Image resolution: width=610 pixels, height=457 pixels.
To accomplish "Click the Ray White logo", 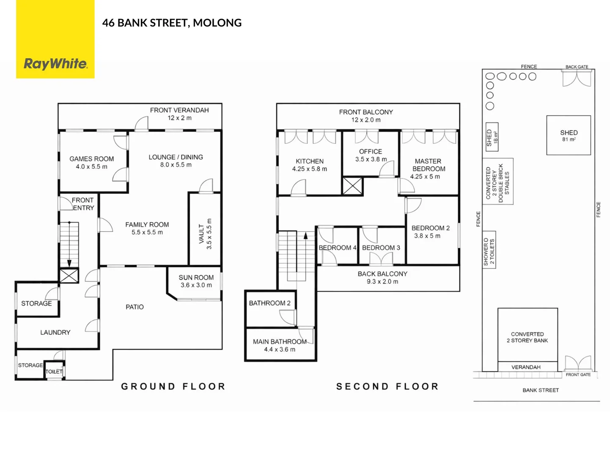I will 55,63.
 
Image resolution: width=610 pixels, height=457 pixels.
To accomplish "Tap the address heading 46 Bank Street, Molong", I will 172,23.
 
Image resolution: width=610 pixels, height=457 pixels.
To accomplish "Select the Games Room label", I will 92,159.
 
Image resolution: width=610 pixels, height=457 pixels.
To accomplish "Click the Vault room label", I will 202,234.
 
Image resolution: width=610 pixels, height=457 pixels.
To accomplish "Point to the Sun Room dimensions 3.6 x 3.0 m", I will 196,285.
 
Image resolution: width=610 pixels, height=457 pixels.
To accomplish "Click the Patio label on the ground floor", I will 135,307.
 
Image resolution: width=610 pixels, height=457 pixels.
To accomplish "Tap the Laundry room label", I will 55,333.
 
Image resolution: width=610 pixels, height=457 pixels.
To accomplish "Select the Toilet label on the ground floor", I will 54,372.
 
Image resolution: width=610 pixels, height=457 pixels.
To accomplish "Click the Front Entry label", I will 83,204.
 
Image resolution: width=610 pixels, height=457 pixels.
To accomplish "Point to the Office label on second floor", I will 371,151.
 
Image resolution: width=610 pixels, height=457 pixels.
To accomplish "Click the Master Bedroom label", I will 429,165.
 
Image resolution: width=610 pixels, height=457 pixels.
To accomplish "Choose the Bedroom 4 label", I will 338,248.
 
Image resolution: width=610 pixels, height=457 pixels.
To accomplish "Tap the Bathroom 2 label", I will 270,303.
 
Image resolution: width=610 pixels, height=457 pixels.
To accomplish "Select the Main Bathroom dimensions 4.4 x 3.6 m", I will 280,350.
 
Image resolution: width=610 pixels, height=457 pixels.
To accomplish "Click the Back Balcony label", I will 382,274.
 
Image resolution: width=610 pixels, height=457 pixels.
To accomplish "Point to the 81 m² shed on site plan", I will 569,135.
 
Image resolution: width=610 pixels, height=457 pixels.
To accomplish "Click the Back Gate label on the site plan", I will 577,67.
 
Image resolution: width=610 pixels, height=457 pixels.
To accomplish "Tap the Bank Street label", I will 541,390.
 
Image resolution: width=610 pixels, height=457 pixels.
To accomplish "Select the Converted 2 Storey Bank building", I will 528,337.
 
